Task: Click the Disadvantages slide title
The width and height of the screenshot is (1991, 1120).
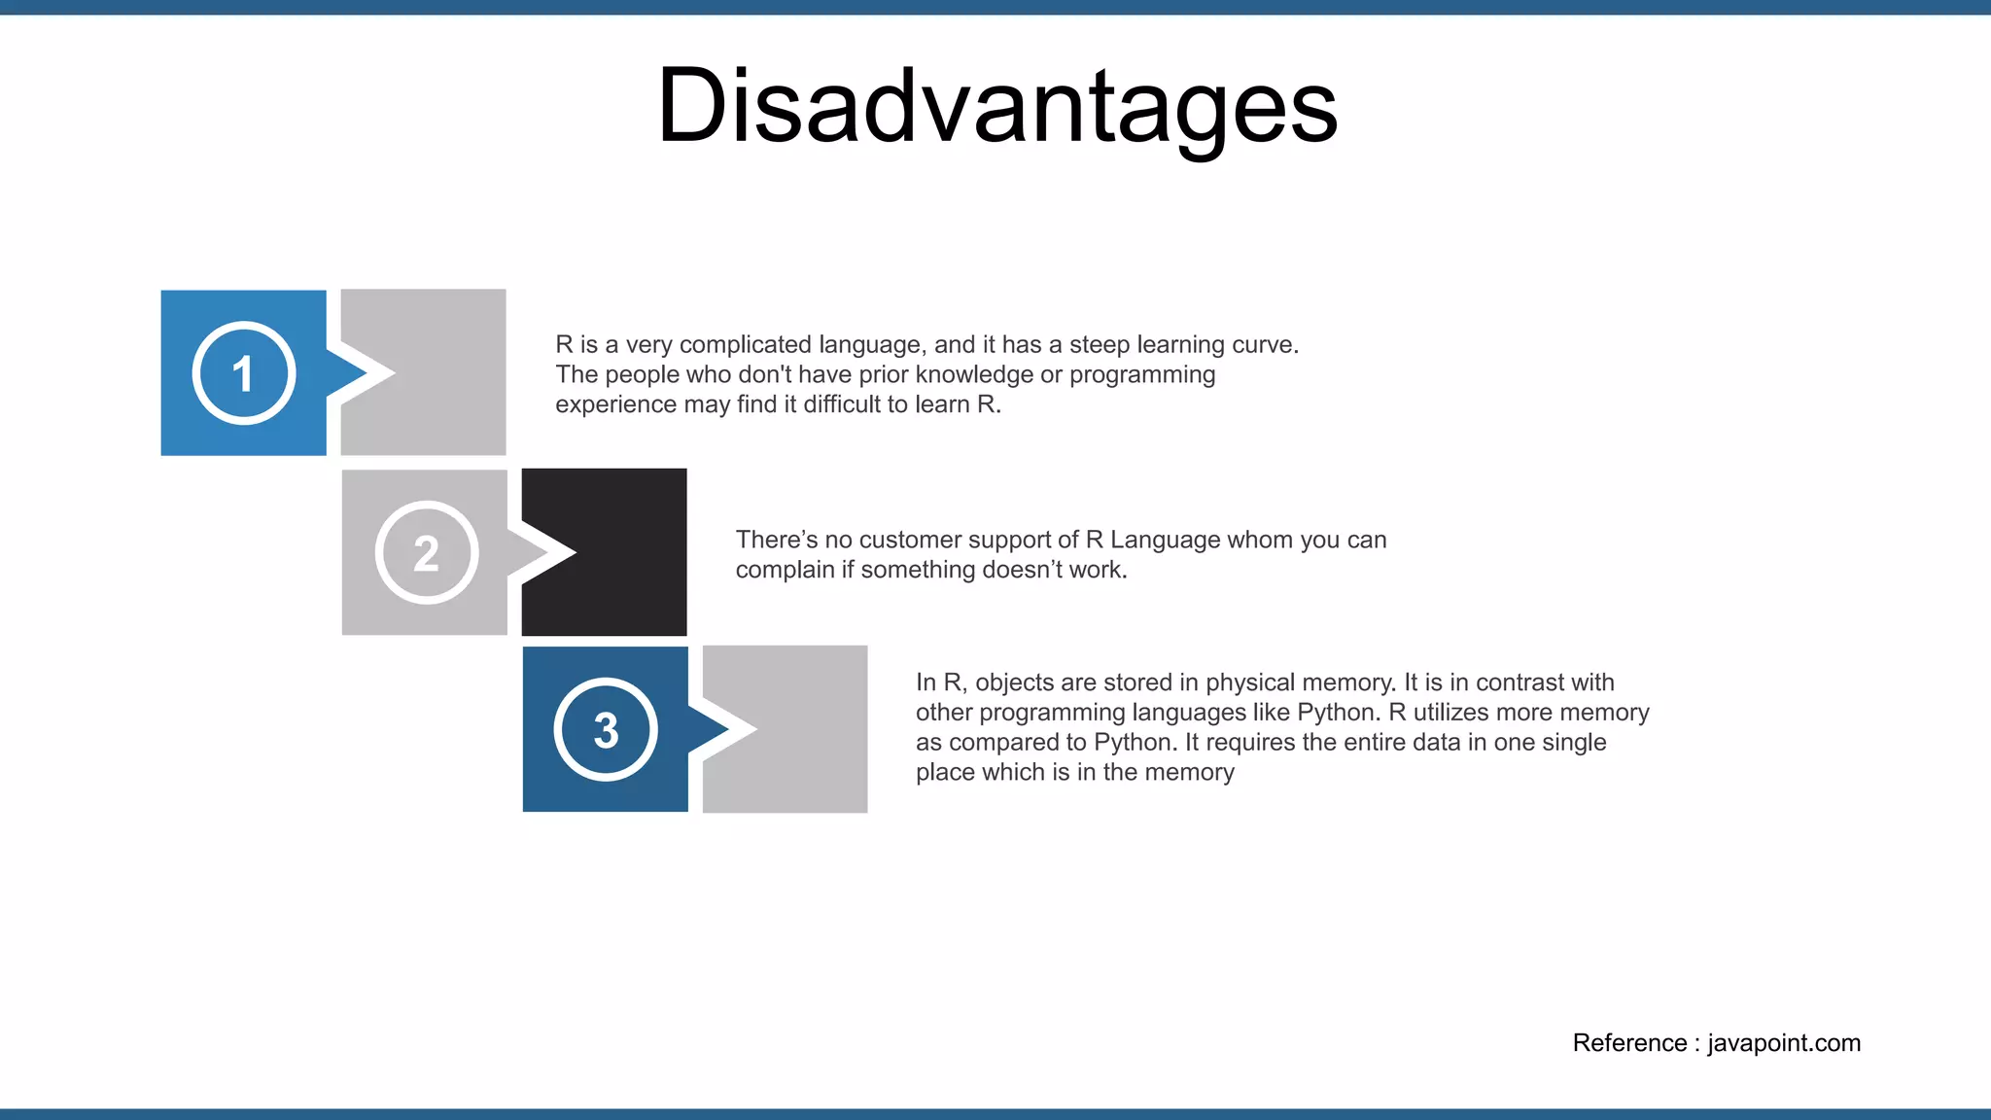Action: coord(997,107)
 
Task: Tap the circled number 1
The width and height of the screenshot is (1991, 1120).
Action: coord(243,373)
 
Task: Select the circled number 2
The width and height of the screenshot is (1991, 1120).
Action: coord(426,553)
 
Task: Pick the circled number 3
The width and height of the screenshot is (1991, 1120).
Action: coord(606,729)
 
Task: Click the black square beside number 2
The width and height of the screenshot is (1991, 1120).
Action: coord(622,552)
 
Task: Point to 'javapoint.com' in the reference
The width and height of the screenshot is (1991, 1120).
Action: coord(1784,1043)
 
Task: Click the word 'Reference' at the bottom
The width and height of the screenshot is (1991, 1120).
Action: coord(1629,1043)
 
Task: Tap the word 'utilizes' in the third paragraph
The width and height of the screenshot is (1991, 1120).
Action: coord(1450,713)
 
